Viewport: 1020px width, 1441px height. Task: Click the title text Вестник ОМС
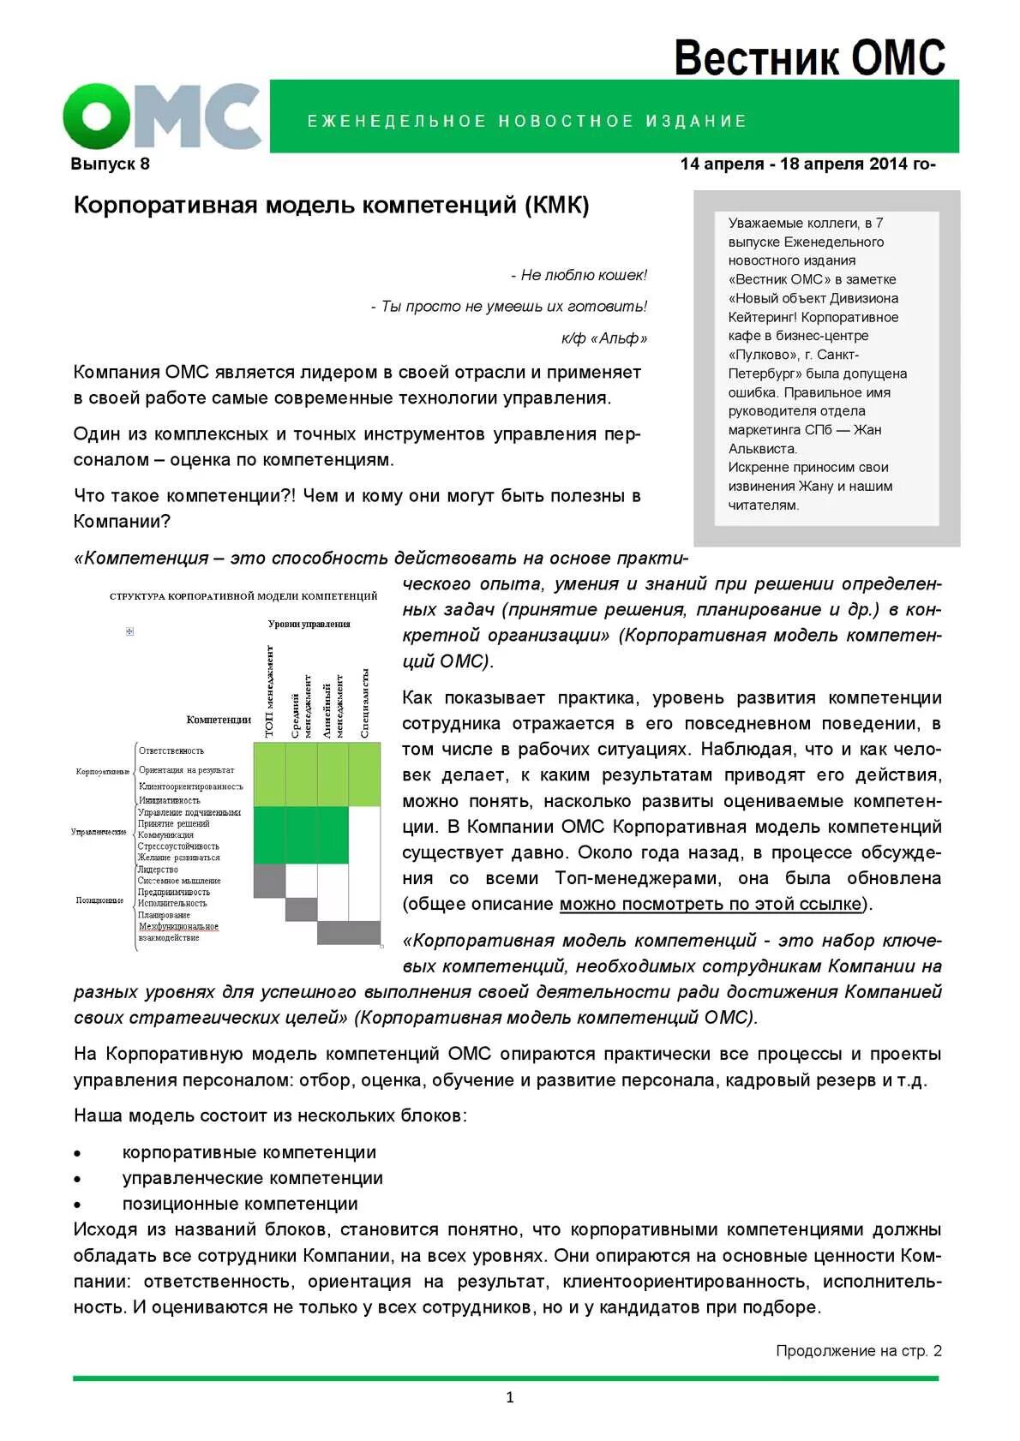point(808,58)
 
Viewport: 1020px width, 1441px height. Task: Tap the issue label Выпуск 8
point(110,164)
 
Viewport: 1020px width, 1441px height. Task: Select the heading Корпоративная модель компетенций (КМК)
point(331,206)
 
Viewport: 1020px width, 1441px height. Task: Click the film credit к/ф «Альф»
point(603,338)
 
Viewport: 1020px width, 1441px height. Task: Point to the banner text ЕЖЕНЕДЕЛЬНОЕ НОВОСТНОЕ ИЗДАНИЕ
point(527,122)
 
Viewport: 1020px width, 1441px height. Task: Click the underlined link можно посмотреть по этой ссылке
point(711,904)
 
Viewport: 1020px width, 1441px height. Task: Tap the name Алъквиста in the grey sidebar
point(762,449)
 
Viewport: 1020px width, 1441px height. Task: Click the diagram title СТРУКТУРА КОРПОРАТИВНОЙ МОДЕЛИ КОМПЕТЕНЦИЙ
point(243,596)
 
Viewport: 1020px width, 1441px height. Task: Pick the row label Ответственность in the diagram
point(171,751)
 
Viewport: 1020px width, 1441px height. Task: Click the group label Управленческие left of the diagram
point(99,832)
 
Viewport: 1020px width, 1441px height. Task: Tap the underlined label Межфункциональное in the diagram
point(178,926)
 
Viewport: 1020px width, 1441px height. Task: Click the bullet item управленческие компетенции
point(252,1178)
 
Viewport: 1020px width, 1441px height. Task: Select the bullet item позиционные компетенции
point(240,1204)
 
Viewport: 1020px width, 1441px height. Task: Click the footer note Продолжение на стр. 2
point(858,1351)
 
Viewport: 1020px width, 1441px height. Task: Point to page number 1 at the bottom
point(510,1397)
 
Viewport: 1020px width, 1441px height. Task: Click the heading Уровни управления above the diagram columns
point(309,624)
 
